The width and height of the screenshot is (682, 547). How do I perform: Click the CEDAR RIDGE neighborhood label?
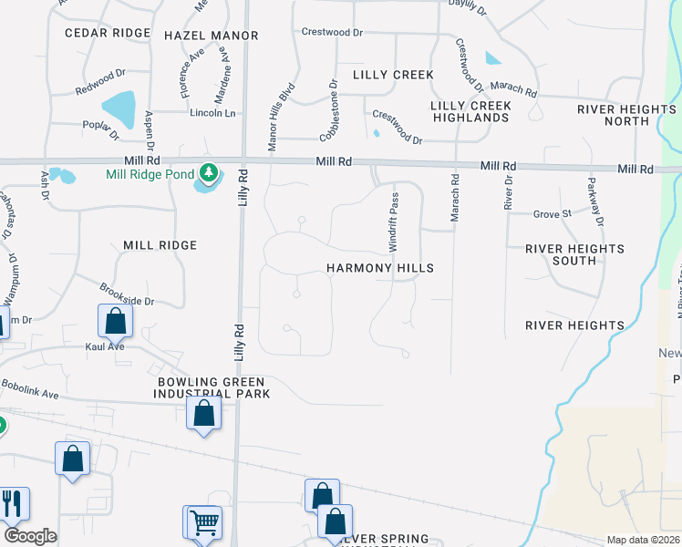pos(108,33)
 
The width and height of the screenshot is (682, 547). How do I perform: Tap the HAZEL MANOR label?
pos(211,36)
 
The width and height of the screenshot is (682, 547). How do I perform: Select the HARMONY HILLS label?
pos(380,269)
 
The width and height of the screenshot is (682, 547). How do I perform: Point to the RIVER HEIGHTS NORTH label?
pos(626,115)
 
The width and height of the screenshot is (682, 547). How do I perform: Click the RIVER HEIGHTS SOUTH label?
pos(574,254)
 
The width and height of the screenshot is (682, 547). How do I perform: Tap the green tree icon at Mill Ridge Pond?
pos(209,170)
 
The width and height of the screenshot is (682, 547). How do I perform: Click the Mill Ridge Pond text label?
pos(150,174)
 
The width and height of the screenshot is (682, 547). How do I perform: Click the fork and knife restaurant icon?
pos(13,502)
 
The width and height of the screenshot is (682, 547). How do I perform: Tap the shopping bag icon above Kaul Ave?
pos(115,320)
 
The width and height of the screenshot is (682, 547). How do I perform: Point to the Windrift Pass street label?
pos(394,222)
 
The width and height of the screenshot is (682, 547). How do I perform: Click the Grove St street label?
pos(552,214)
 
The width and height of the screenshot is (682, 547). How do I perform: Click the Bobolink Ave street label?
pos(30,388)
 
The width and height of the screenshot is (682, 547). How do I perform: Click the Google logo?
pos(30,536)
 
